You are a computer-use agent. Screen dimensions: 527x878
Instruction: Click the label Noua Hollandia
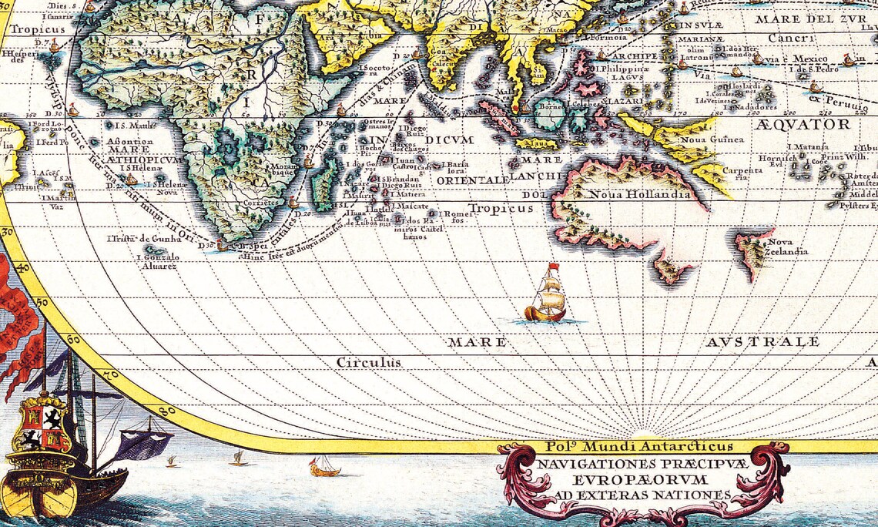click(639, 194)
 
